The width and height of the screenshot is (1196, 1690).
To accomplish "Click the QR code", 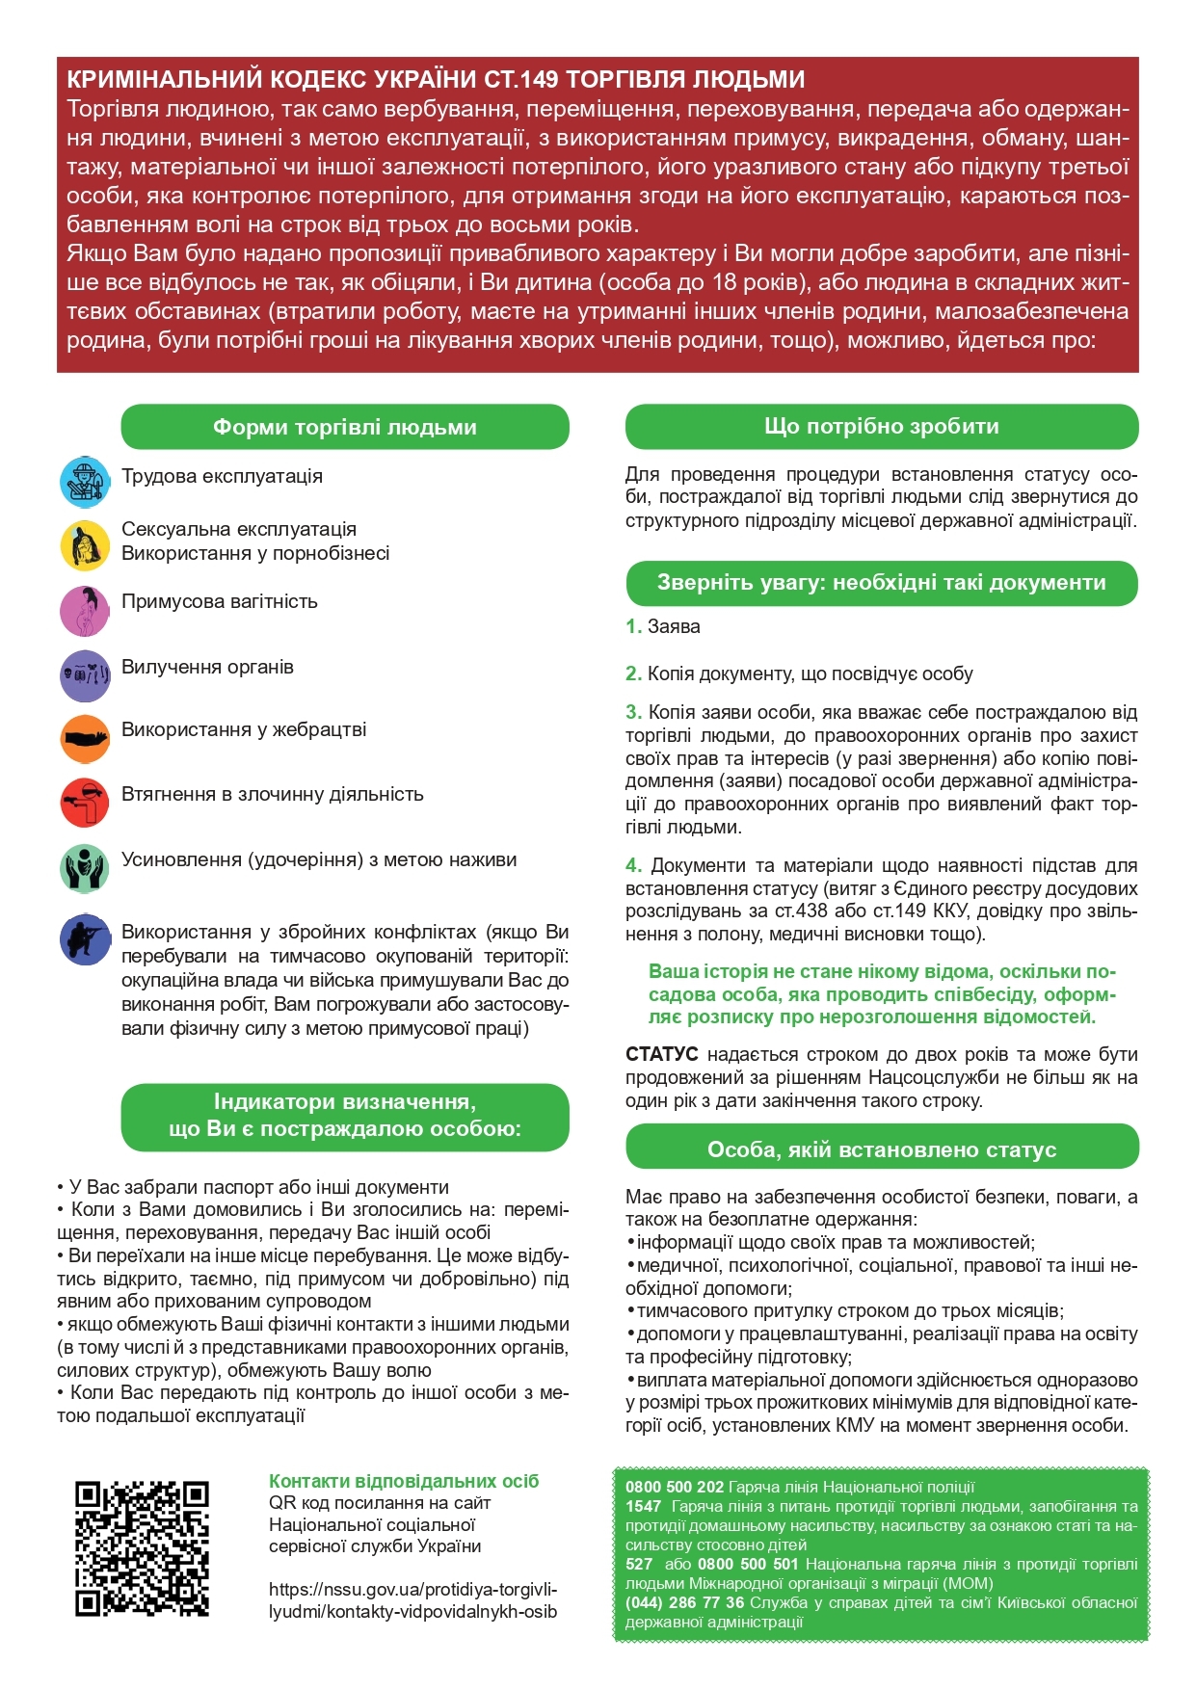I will pyautogui.click(x=142, y=1547).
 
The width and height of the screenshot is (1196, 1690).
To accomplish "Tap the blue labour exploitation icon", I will pyautogui.click(x=85, y=482).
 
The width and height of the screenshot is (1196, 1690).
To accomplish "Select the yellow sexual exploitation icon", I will pyautogui.click(x=85, y=545).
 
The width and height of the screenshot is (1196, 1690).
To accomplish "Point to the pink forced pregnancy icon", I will pyautogui.click(x=85, y=611).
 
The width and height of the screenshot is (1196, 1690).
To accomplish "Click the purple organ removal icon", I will pyautogui.click(x=85, y=675).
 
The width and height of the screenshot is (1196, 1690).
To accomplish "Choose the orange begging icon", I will pyautogui.click(x=85, y=739).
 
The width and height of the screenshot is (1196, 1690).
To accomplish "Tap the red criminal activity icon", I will pyautogui.click(x=85, y=803).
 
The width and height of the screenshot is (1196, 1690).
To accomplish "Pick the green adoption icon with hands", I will pyautogui.click(x=85, y=868).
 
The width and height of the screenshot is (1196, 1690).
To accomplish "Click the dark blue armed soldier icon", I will pyautogui.click(x=85, y=939).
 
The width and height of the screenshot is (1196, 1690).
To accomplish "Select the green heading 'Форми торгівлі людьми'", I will pyautogui.click(x=345, y=427).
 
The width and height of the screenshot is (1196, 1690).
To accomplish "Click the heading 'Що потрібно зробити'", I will pyautogui.click(x=881, y=426).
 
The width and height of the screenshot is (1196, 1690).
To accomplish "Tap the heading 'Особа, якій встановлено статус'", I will pyautogui.click(x=881, y=1149).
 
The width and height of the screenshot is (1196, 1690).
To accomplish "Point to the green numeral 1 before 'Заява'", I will pyautogui.click(x=633, y=626).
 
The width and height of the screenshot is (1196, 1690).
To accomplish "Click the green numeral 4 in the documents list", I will pyautogui.click(x=633, y=865).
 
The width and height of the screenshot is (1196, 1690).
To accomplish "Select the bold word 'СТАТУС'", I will pyautogui.click(x=661, y=1054).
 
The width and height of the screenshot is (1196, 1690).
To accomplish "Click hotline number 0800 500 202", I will pyautogui.click(x=674, y=1487).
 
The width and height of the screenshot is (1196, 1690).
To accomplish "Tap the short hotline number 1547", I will pyautogui.click(x=643, y=1506).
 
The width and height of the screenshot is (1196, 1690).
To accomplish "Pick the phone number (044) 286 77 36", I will pyautogui.click(x=684, y=1602).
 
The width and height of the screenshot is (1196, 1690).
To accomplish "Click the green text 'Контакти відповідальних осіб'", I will pyautogui.click(x=404, y=1481).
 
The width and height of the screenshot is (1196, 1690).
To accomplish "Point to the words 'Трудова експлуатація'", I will pyautogui.click(x=222, y=476).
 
